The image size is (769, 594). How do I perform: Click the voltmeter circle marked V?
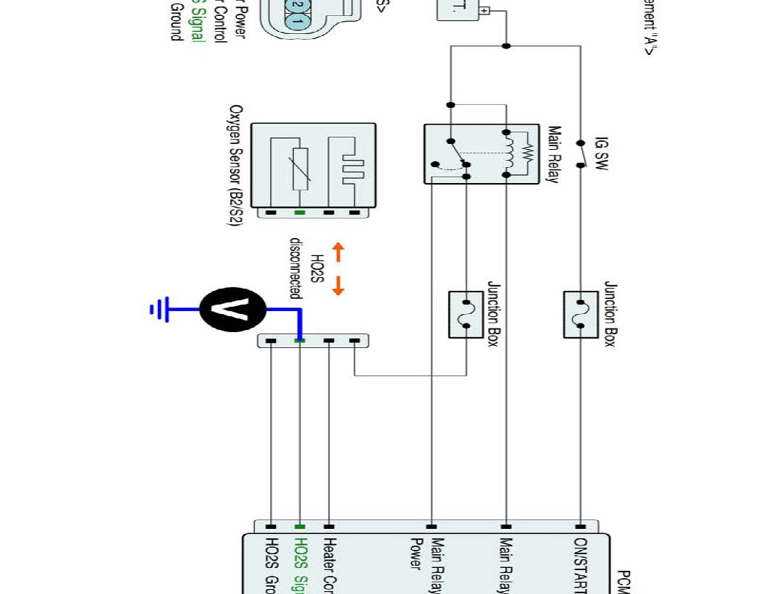tap(233, 309)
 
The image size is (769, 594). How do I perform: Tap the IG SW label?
tap(602, 153)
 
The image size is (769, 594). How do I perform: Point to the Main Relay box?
tap(481, 153)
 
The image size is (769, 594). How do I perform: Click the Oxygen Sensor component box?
tap(313, 166)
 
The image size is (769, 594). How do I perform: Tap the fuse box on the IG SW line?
tap(580, 314)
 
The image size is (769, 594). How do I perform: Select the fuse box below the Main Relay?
tap(466, 314)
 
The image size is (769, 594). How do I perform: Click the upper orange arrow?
tap(338, 253)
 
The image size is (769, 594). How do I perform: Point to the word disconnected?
tap(295, 268)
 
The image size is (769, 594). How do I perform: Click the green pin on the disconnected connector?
tap(299, 340)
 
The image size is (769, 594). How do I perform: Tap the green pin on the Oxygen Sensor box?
tap(299, 213)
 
